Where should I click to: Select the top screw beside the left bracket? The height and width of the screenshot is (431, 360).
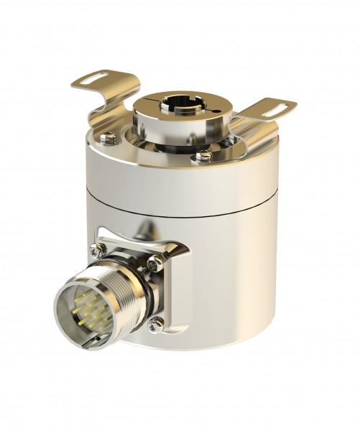[x=109, y=137]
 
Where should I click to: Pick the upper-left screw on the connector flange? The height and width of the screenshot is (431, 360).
[x=96, y=250]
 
